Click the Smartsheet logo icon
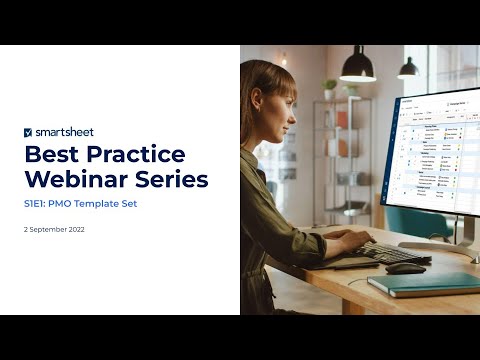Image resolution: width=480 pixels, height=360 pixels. coord(28,131)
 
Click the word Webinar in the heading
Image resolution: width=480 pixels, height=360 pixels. coord(76,180)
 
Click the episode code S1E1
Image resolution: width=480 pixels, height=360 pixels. coord(37,204)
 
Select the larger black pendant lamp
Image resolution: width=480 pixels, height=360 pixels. coord(357,67)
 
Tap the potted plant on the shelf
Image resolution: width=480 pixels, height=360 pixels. coord(329,88)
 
